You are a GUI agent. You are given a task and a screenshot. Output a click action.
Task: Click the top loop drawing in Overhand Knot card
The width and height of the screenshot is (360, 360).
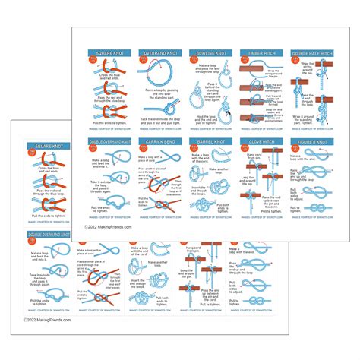(x=156, y=74)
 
